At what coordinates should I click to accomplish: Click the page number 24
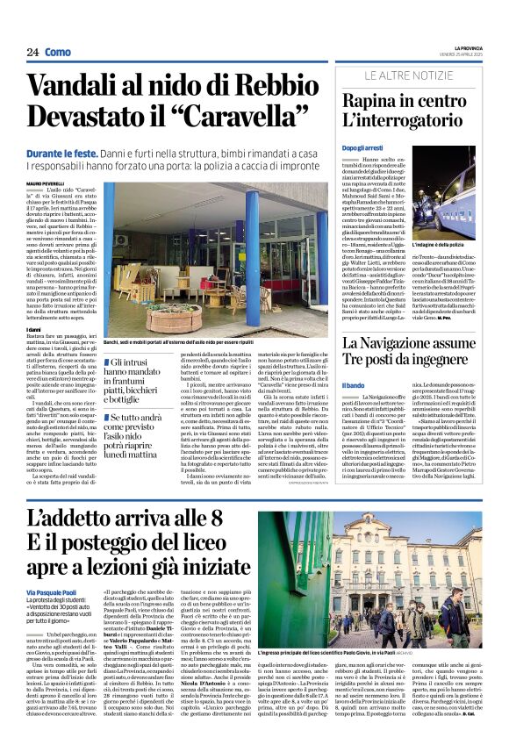tap(32, 53)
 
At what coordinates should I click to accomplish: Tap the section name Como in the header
tap(58, 53)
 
